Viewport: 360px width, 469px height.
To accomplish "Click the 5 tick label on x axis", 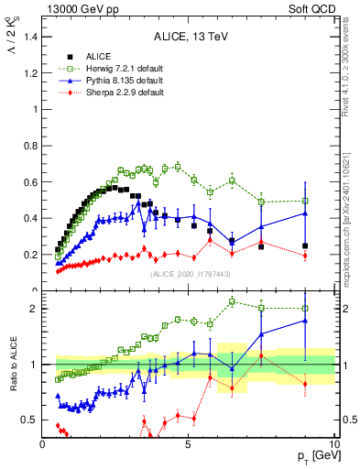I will coord(188,444).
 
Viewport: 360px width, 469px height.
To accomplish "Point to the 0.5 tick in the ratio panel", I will coord(29,420).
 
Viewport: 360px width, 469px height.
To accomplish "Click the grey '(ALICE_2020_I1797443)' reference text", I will coord(190,274).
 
